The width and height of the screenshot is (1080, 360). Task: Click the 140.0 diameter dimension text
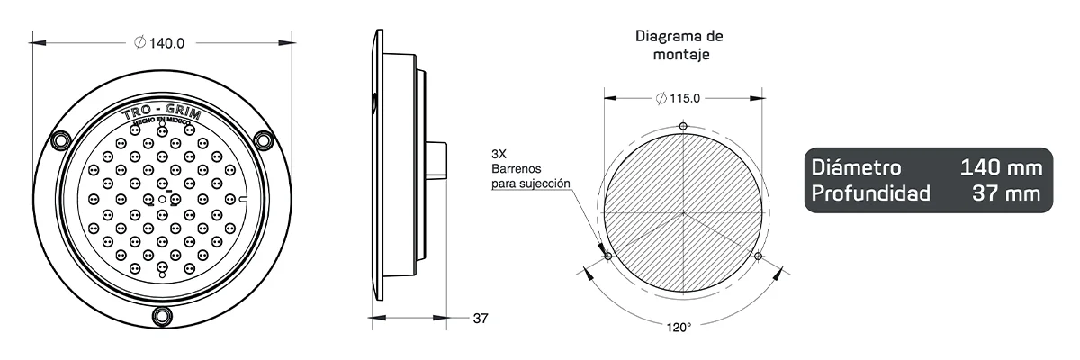click(x=166, y=42)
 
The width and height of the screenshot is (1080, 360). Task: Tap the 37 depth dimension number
click(x=480, y=318)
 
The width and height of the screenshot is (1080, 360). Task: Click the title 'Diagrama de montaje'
click(x=679, y=45)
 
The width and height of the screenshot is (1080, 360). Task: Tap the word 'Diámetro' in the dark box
click(x=856, y=168)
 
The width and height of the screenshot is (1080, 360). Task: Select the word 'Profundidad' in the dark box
click(x=870, y=193)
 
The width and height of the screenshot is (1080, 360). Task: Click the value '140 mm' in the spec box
click(x=1001, y=168)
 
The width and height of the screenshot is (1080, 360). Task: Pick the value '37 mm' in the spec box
click(x=1010, y=193)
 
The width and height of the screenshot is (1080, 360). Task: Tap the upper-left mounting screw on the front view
click(x=61, y=140)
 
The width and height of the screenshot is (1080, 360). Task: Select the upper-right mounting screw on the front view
click(x=264, y=140)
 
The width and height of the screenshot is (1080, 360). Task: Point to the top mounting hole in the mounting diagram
click(x=684, y=125)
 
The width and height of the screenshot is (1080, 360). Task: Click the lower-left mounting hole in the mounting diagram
click(x=608, y=256)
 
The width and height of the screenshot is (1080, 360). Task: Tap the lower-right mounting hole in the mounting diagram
click(x=759, y=256)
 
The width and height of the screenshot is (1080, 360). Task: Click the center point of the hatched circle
click(x=684, y=212)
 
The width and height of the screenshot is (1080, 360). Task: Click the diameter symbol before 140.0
click(x=139, y=42)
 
